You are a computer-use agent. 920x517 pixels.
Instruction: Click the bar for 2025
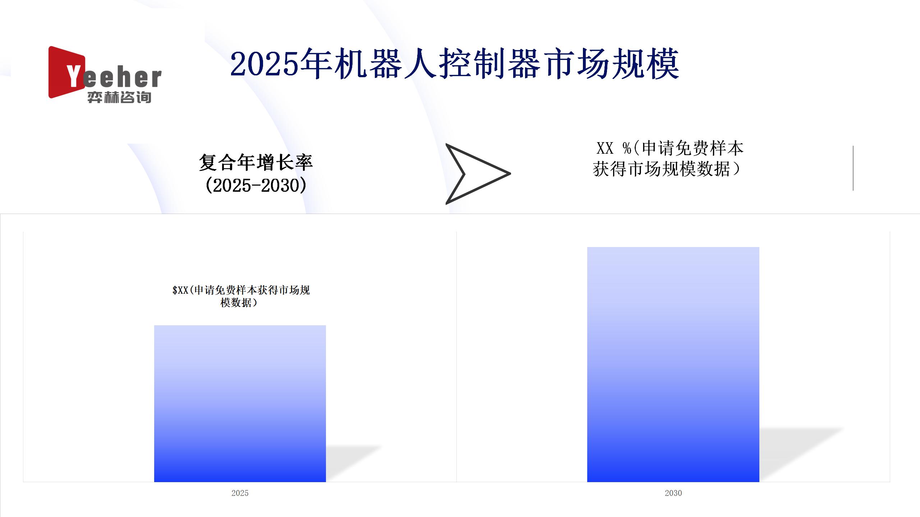(240, 404)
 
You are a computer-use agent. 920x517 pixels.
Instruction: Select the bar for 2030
(673, 364)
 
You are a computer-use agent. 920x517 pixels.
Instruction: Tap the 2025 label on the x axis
(240, 493)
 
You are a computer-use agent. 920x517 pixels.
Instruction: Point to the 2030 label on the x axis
(673, 493)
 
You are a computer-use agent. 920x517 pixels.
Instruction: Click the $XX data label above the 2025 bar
(241, 296)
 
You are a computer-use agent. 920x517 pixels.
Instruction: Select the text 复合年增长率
(256, 162)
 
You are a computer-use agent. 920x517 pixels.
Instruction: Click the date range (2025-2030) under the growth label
(256, 185)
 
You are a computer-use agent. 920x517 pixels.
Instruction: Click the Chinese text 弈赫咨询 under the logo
(119, 97)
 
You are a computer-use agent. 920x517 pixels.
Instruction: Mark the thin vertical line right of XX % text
(853, 168)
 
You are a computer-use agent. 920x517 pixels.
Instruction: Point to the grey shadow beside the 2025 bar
(352, 463)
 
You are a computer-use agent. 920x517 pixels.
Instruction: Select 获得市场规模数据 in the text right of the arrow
(662, 169)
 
